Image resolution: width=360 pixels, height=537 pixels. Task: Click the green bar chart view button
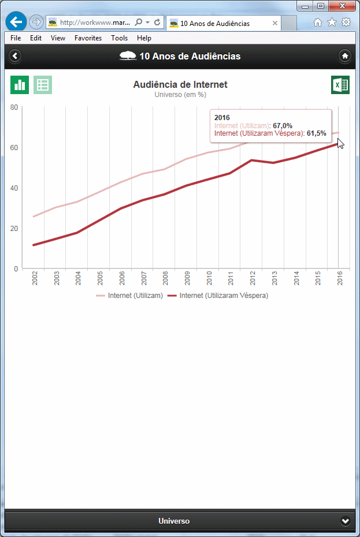[20, 85]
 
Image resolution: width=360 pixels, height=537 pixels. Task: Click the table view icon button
[43, 85]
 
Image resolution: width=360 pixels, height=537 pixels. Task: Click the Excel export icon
[340, 85]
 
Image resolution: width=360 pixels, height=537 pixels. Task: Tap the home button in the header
[345, 56]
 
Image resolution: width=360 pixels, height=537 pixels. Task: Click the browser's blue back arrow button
[16, 23]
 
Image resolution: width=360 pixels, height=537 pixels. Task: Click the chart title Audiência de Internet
[180, 84]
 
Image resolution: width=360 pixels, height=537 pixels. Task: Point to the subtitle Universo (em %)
[180, 95]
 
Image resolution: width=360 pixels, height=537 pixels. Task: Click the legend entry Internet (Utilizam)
[129, 296]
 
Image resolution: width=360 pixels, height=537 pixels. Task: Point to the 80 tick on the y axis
[14, 107]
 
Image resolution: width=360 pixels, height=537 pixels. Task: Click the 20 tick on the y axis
[14, 228]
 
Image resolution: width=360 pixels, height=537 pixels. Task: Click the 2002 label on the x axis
[35, 278]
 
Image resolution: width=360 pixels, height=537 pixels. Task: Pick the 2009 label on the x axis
[187, 278]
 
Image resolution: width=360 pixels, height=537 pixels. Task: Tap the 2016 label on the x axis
[340, 278]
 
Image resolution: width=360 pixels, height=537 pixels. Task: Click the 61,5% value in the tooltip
[317, 133]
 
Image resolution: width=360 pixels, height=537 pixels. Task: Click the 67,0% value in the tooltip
[283, 125]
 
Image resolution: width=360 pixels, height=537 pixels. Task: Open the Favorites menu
[88, 38]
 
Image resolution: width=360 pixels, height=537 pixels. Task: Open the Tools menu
[120, 38]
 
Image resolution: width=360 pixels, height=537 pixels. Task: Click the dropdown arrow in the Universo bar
[346, 521]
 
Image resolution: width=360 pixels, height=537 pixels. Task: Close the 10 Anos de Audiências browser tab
[275, 24]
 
